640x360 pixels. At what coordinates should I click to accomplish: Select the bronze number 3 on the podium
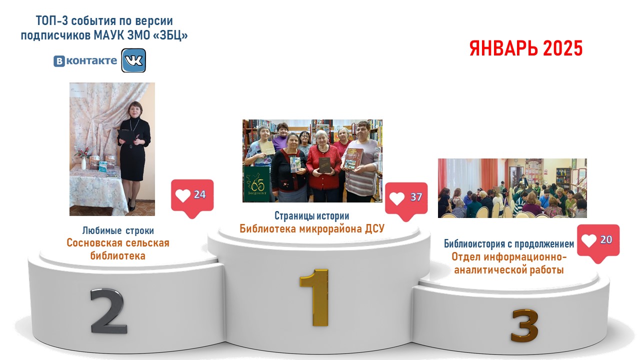524,326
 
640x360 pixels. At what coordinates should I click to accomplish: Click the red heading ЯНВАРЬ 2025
526,48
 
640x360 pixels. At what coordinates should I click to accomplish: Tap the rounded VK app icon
133,60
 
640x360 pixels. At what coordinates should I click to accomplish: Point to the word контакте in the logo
91,60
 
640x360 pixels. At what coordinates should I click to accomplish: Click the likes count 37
416,197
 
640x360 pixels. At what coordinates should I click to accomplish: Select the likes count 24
199,194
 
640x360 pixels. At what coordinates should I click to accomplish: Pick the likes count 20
606,239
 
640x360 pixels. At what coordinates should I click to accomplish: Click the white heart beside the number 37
397,198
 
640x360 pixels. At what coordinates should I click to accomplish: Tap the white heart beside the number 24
183,195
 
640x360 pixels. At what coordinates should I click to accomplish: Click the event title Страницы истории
311,215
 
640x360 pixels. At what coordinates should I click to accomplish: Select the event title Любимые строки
118,230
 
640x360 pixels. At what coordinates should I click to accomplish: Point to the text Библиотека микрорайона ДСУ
312,228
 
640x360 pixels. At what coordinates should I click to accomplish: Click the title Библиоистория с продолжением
509,243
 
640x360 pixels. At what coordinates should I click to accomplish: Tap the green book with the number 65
256,184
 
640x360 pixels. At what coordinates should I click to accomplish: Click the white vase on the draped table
83,163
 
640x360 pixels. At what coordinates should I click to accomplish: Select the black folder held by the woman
126,136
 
